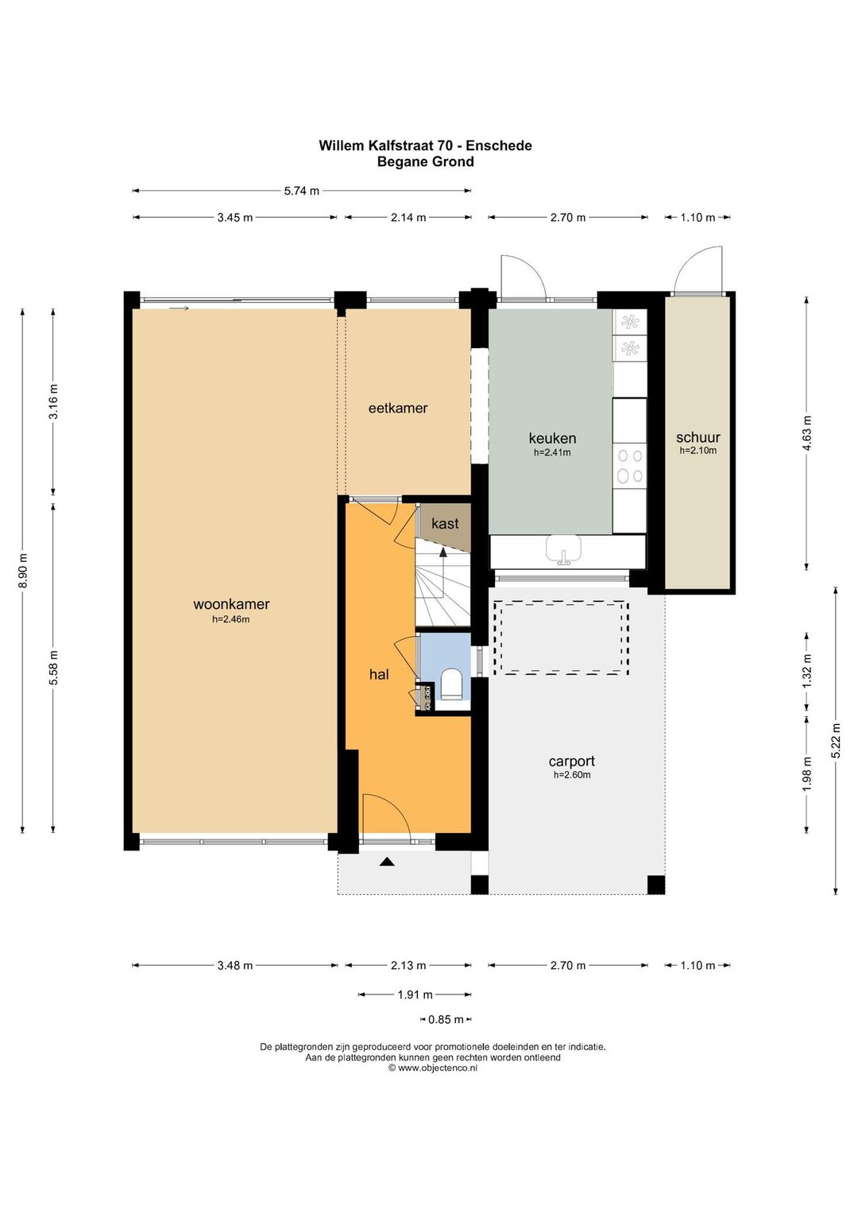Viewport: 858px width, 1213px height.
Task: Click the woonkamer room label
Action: pyautogui.click(x=231, y=604)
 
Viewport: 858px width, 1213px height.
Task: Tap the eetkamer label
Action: pyautogui.click(x=398, y=408)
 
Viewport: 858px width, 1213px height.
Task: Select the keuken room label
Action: pyautogui.click(x=552, y=437)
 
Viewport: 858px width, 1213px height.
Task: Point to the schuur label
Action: pyautogui.click(x=698, y=437)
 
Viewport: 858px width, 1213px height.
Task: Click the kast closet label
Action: pyautogui.click(x=445, y=523)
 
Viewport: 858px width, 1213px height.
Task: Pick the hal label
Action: pyautogui.click(x=379, y=674)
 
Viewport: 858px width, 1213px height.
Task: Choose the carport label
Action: pyautogui.click(x=572, y=762)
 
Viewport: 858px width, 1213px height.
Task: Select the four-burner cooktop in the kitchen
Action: pyautogui.click(x=629, y=466)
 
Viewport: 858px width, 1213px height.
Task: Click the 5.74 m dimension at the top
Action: pyautogui.click(x=302, y=191)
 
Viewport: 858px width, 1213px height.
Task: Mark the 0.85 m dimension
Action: pyautogui.click(x=446, y=1020)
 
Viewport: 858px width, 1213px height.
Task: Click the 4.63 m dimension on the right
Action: pyautogui.click(x=806, y=433)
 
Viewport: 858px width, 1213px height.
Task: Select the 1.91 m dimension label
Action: pyautogui.click(x=415, y=994)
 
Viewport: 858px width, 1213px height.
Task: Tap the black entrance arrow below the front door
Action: pyautogui.click(x=386, y=862)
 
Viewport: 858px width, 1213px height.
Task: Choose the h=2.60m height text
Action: pyautogui.click(x=572, y=775)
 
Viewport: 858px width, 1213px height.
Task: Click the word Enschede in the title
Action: pyautogui.click(x=499, y=145)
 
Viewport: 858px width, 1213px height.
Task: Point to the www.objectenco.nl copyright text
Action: pyautogui.click(x=433, y=1068)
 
